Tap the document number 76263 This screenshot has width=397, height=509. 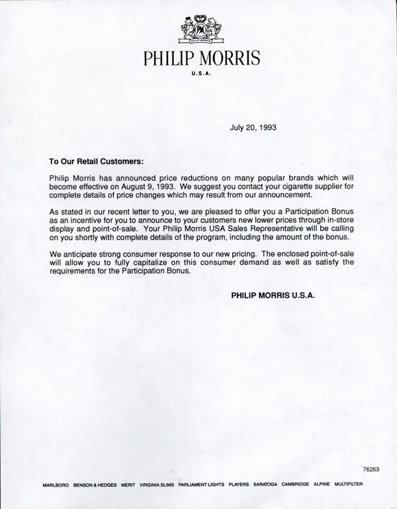(x=371, y=469)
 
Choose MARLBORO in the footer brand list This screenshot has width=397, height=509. (x=56, y=485)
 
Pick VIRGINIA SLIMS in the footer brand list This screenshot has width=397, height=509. (x=157, y=485)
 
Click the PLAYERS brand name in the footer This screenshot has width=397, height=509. (x=239, y=485)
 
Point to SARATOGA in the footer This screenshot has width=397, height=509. (x=266, y=485)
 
